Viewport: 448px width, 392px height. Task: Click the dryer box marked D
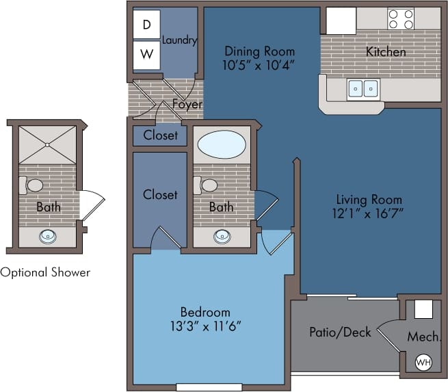tap(146, 25)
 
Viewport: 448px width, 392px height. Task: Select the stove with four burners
tap(401, 18)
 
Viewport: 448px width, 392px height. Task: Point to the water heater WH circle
tap(423, 361)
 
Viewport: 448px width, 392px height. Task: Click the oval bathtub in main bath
tap(222, 146)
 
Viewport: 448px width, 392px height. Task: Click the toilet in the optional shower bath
tap(31, 185)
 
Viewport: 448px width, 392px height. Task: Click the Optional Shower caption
tap(45, 272)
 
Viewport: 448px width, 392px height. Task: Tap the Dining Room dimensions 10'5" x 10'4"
tap(260, 65)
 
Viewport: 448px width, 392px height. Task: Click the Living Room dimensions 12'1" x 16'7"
tap(369, 213)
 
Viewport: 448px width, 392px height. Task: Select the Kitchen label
tap(386, 52)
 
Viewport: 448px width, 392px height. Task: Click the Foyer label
tap(187, 104)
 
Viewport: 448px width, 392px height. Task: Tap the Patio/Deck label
tap(340, 332)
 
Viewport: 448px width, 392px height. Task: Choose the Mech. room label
tap(423, 337)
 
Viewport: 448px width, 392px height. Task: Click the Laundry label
tap(179, 40)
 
